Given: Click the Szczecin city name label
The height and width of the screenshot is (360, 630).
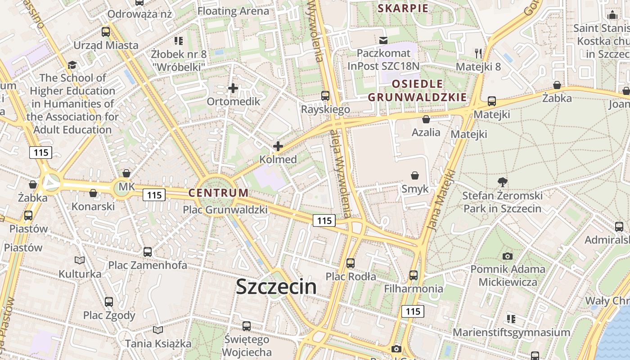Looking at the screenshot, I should [276, 287].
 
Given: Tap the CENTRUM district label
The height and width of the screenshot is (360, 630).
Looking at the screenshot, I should [218, 193].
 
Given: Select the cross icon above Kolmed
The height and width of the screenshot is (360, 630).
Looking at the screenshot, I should [278, 146].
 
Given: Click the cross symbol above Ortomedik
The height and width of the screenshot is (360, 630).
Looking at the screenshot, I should [233, 88].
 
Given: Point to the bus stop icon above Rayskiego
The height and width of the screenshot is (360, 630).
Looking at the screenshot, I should [325, 96].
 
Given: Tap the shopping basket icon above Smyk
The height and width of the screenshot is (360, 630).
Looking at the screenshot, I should [415, 175].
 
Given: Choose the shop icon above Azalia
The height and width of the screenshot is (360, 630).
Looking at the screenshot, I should [426, 119].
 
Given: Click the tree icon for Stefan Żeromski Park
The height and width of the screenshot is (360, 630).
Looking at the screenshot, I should [503, 182].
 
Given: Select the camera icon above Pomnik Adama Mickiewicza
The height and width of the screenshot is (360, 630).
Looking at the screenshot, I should [508, 256].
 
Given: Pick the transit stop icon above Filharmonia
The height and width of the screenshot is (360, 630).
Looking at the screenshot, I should [414, 275].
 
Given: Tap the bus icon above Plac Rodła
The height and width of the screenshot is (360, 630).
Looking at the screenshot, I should [351, 263].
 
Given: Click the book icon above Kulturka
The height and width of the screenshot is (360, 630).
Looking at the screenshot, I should [80, 261].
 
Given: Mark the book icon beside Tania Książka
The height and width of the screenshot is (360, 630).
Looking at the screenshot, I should [157, 330].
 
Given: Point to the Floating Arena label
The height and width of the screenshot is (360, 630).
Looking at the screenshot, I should [230, 11].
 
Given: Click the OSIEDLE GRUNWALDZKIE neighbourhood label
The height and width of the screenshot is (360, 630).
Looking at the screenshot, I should [417, 90].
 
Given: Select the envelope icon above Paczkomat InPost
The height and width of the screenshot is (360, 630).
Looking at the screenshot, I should [383, 40].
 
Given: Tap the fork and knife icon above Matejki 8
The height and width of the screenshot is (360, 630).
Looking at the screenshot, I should [478, 53].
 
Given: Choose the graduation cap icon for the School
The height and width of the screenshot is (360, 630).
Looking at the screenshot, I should [72, 65].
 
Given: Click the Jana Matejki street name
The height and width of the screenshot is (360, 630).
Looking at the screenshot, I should [441, 200].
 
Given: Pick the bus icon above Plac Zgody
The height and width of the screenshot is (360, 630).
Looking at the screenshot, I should [109, 301].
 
